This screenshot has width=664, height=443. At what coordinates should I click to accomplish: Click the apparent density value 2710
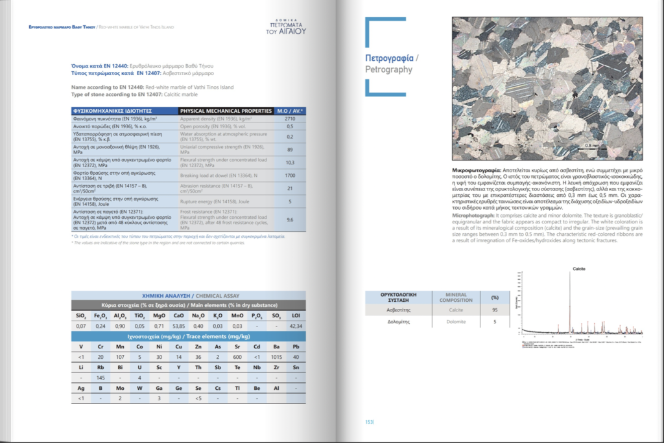290,119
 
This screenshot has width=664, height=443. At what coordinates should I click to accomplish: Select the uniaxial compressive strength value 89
290,150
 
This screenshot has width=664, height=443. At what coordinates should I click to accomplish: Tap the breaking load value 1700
290,176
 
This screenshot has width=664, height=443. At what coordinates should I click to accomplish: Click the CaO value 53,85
179,326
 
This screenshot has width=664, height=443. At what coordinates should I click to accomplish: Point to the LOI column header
296,315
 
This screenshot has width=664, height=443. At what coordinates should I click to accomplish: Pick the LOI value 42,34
296,326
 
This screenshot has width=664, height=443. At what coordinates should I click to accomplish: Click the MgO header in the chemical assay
159,315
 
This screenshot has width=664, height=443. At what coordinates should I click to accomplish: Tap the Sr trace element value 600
237,357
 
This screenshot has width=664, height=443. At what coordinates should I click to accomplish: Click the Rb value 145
101,378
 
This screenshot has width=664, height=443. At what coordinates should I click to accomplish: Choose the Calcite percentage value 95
495,310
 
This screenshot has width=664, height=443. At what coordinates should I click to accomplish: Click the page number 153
370,422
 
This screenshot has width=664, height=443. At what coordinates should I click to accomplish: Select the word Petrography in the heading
388,69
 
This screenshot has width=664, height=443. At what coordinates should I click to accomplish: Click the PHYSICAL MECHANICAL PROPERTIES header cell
225,111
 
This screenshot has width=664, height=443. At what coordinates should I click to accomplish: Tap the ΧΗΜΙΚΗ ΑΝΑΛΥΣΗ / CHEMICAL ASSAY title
188,295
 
